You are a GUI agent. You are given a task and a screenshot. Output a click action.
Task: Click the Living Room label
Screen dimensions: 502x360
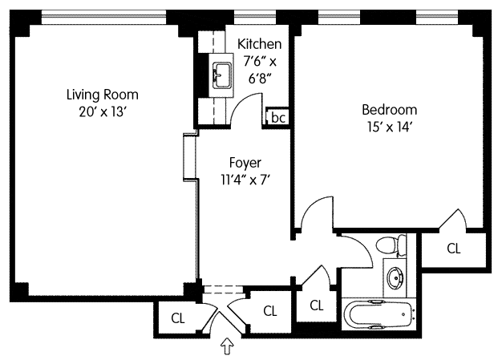pyautogui.click(x=103, y=95)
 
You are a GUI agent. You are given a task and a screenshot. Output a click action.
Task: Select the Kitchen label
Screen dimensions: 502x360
pyautogui.click(x=260, y=44)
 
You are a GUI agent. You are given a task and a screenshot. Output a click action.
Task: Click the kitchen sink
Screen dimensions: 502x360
pyautogui.click(x=222, y=75)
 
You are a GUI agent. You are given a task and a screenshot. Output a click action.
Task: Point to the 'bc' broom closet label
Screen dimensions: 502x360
pyautogui.click(x=278, y=117)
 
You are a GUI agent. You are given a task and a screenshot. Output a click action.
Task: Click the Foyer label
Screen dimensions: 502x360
pyautogui.click(x=245, y=163)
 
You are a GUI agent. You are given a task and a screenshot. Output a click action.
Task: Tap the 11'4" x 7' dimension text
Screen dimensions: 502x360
pyautogui.click(x=245, y=180)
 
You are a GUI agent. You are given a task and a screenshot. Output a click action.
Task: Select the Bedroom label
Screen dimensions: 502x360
pyautogui.click(x=389, y=110)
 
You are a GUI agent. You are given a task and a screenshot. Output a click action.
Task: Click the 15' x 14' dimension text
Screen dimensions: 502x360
pyautogui.click(x=389, y=127)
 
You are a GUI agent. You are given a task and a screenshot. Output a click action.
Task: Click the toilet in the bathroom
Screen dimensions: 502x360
pyautogui.click(x=391, y=246)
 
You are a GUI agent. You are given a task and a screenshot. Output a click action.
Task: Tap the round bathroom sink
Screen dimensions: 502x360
pyautogui.click(x=395, y=277)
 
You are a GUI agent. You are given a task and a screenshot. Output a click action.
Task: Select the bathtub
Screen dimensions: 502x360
pyautogui.click(x=379, y=315)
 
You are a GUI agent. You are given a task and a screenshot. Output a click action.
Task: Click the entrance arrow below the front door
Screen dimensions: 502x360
pyautogui.click(x=227, y=346)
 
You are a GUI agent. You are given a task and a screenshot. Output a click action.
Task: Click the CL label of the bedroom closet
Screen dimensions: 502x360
pyautogui.click(x=454, y=249)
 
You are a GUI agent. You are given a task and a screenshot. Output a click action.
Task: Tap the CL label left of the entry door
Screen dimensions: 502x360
pyautogui.click(x=178, y=318)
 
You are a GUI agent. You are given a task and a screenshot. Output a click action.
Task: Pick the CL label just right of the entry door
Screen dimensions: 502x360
pyautogui.click(x=270, y=311)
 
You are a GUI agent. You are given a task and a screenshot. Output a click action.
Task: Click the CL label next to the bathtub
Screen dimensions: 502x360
pyautogui.click(x=317, y=305)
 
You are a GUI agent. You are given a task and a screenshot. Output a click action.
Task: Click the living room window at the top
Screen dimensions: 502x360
pyautogui.click(x=103, y=17)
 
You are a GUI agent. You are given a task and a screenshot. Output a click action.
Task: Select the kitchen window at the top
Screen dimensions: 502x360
pyautogui.click(x=255, y=17)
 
